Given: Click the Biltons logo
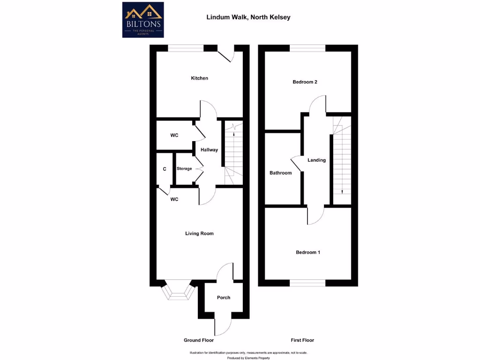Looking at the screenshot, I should point(143,20).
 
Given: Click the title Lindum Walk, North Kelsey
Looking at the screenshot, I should point(248,17).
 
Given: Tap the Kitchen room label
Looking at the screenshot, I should point(199,78).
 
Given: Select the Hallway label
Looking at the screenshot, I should point(209,150).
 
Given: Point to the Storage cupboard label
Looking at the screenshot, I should point(184,169).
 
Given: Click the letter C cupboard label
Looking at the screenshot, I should point(165,169).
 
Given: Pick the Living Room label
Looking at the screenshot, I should point(199,233).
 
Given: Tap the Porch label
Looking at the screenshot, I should point(224,298).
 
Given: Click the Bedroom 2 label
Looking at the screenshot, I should point(305,82).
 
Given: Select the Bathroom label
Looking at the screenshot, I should point(280,173).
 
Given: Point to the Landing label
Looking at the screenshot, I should point(316,160).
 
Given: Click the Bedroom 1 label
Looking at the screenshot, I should point(308,253).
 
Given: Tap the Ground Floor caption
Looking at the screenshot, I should point(199,340).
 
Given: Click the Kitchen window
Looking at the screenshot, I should point(186,47).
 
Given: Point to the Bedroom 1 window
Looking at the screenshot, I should point(307,283).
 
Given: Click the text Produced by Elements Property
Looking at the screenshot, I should point(248,358).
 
